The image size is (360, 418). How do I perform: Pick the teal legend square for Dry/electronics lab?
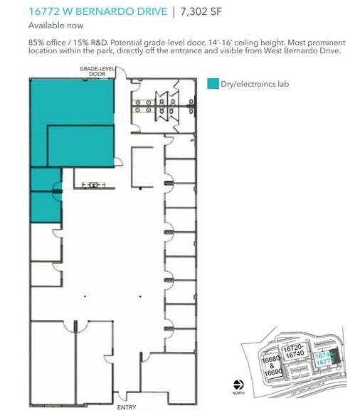pyautogui.click(x=213, y=84)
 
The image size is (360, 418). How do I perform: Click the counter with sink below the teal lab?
pyautogui.click(x=90, y=186)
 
